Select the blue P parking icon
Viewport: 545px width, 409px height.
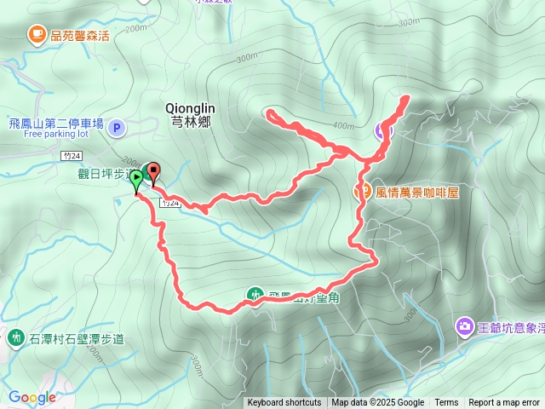(x=118, y=128)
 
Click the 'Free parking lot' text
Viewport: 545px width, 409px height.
(x=56, y=134)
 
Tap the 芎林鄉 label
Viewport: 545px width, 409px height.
(x=188, y=121)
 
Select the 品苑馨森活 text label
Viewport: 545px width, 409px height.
(x=80, y=35)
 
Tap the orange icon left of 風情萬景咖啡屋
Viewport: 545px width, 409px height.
(x=361, y=191)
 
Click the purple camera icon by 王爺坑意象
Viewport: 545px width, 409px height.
(x=465, y=325)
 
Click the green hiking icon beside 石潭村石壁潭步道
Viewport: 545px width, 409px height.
(x=15, y=337)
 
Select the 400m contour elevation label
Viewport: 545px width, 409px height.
(x=343, y=126)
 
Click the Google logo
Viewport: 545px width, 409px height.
(x=32, y=397)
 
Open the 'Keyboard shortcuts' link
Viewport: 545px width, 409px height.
(x=284, y=403)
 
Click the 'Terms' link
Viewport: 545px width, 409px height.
(x=446, y=403)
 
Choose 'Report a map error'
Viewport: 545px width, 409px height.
(x=503, y=403)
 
